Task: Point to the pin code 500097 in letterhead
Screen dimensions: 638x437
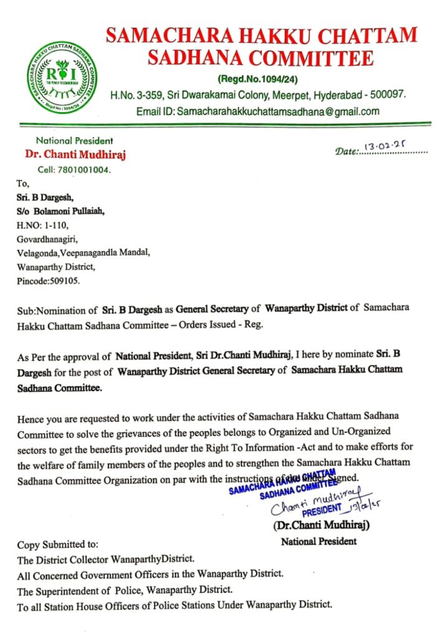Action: click(x=387, y=95)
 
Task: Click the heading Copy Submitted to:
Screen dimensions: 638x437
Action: click(x=57, y=545)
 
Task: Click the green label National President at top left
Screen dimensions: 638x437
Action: click(x=74, y=141)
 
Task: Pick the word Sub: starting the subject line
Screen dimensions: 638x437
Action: click(x=27, y=309)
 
